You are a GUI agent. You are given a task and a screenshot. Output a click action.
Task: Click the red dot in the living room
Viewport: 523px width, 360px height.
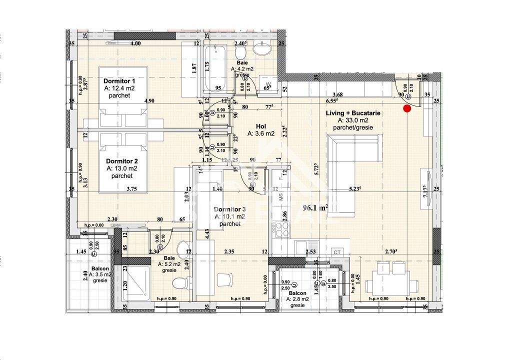(x=407, y=107)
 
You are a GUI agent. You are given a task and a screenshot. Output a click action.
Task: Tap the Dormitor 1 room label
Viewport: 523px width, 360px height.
(x=119, y=81)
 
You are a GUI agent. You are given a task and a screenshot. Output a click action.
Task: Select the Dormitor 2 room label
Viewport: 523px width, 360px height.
(x=121, y=161)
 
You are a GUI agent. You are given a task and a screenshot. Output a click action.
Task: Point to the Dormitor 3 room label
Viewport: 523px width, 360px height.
(x=229, y=209)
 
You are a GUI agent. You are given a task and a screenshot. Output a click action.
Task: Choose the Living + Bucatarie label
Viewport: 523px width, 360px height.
(x=353, y=113)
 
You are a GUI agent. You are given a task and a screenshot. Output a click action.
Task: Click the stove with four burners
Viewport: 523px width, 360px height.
(x=281, y=230)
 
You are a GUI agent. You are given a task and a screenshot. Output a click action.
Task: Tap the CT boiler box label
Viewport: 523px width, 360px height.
(x=337, y=252)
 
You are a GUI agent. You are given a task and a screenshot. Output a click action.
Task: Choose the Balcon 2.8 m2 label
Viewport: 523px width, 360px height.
(x=298, y=294)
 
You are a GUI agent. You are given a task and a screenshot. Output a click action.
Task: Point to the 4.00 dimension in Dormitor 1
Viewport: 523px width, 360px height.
(x=135, y=44)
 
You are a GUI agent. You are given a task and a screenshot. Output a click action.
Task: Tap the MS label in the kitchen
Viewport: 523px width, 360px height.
(x=281, y=197)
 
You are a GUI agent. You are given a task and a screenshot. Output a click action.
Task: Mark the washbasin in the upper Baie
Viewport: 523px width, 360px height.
(x=261, y=49)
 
